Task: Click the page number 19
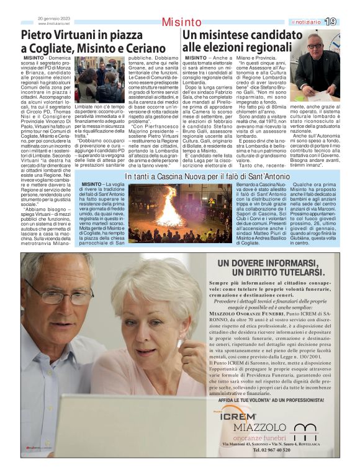(330, 21)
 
